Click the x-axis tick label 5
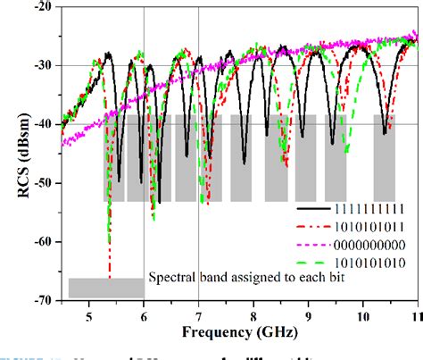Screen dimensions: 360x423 tap(88, 314)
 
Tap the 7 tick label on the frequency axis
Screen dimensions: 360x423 tap(198, 314)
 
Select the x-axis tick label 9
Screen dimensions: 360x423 tap(309, 314)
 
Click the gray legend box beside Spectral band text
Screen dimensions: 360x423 tap(105, 288)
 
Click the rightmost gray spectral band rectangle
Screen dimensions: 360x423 tap(385, 157)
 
